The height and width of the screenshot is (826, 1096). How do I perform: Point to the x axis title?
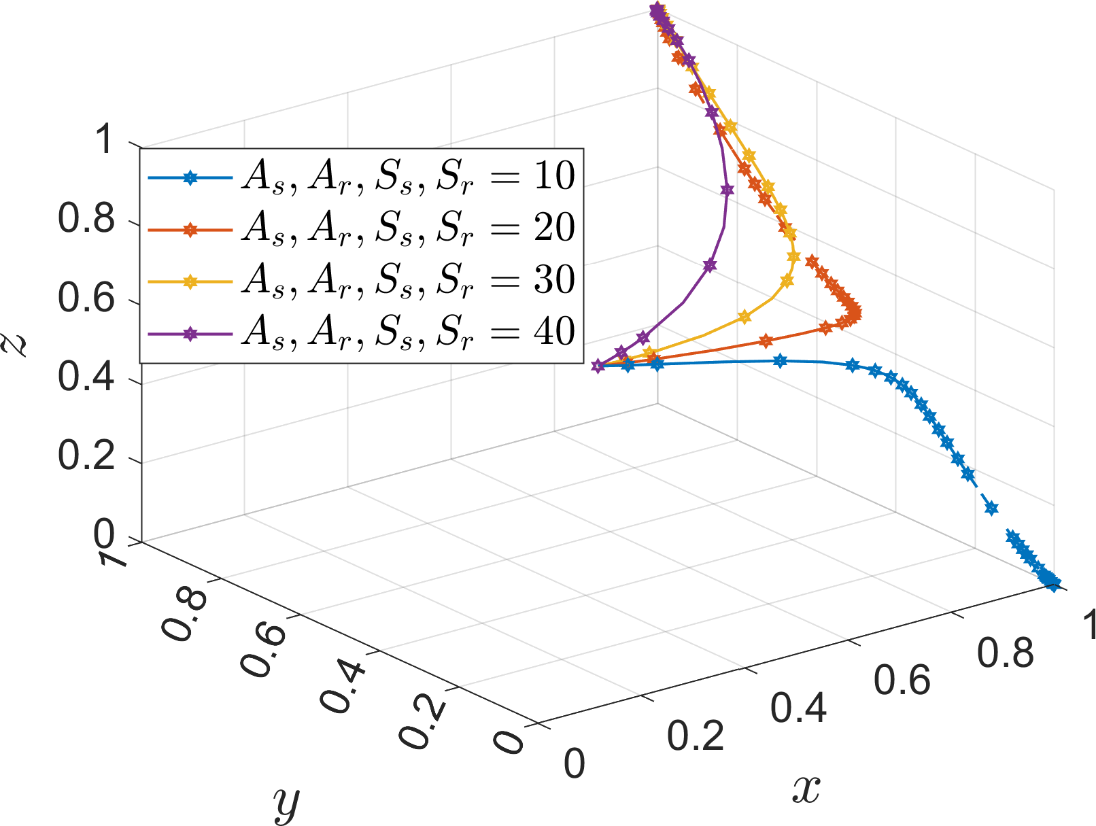pos(806,789)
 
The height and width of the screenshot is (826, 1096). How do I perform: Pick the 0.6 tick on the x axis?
pos(902,680)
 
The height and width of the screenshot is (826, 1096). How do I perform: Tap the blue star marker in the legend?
pos(191,178)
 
